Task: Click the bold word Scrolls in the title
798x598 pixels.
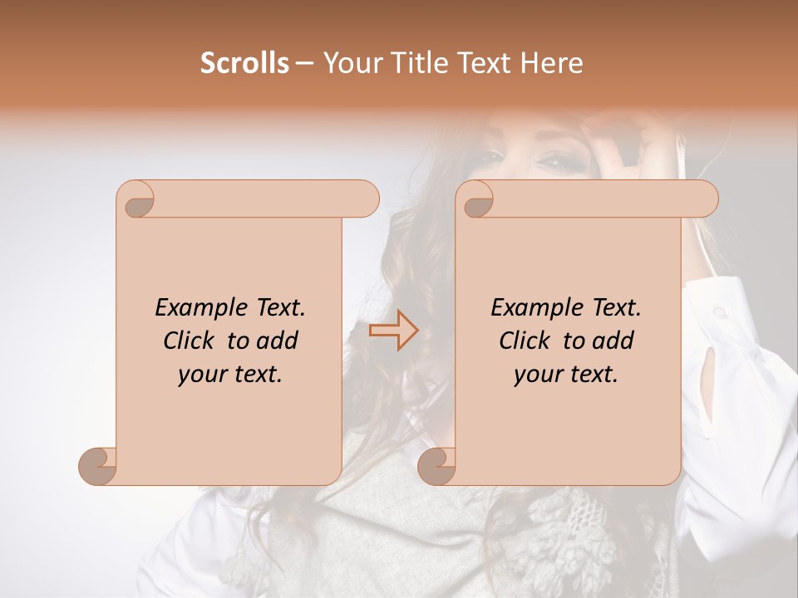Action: pos(244,63)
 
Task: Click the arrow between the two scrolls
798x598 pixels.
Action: pos(394,331)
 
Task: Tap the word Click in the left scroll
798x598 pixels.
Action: pos(191,341)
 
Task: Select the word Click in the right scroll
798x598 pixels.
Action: pos(527,341)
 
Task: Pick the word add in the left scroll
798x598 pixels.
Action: pos(278,341)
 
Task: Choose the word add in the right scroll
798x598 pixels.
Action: pos(613,341)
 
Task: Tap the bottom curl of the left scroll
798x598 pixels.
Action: pos(97,466)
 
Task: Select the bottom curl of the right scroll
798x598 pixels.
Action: pos(436,466)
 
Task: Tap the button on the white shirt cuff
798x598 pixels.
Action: pos(719,312)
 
